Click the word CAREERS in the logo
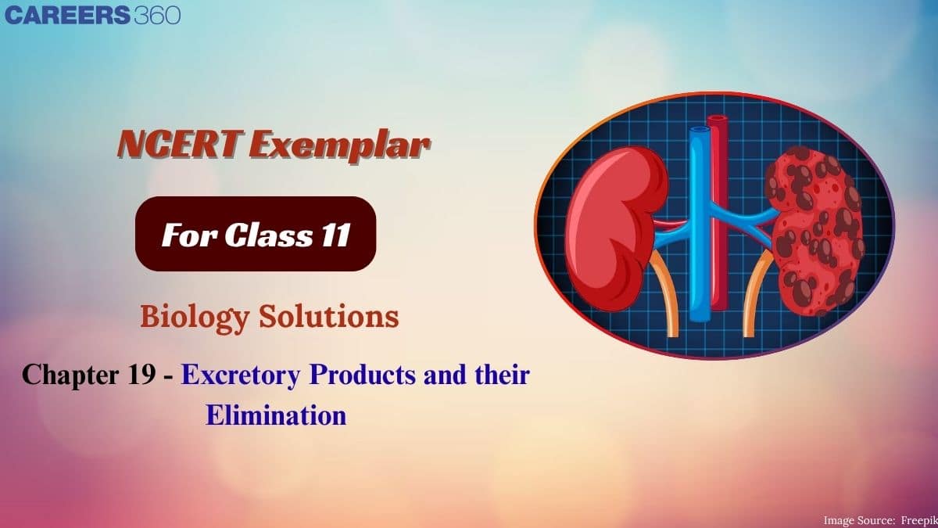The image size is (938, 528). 67,15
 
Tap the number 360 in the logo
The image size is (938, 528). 157,15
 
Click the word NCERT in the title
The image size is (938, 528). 181,144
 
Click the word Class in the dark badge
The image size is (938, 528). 269,235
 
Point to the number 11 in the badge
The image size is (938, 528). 336,235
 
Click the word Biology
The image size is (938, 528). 195,318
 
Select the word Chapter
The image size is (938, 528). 70,375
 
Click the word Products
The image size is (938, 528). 362,374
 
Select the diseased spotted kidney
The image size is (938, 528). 814,231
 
